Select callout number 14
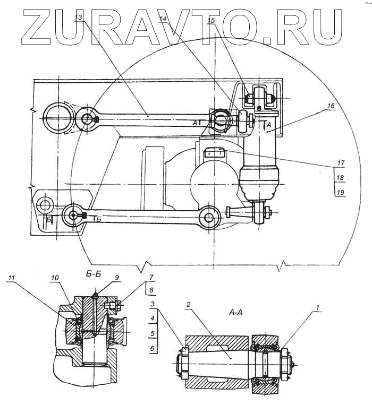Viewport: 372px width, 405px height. click(163, 18)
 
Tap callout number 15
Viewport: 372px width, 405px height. click(211, 20)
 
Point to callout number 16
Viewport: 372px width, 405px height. click(331, 106)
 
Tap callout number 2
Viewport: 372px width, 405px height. click(188, 305)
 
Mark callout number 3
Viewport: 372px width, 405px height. click(153, 304)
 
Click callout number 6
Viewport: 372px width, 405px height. click(153, 348)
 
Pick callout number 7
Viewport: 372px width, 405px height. click(151, 277)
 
